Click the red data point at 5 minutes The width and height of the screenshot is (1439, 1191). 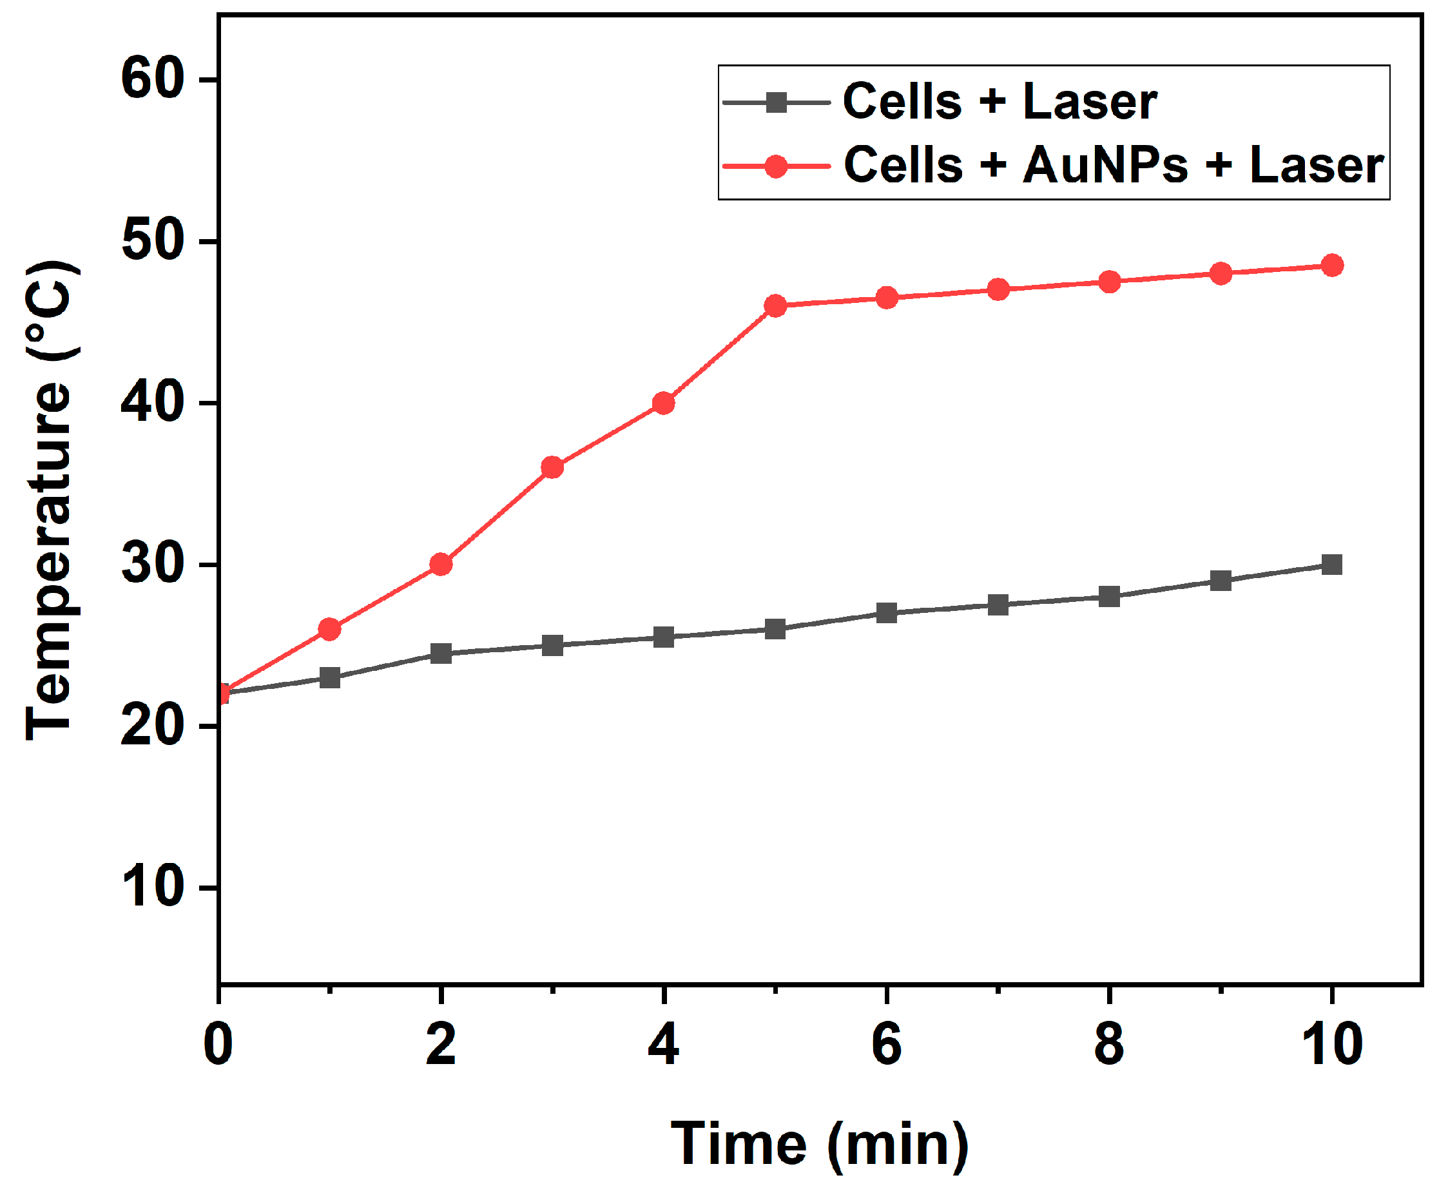(775, 305)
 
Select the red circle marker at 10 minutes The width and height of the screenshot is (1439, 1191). (1331, 265)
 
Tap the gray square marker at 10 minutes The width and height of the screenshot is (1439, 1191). (1331, 565)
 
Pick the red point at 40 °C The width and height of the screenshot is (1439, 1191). (663, 403)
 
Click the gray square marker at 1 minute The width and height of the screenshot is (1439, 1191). (329, 678)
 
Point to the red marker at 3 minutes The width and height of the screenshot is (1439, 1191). (552, 467)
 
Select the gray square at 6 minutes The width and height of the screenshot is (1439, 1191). (887, 613)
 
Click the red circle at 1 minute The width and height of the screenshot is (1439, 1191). (329, 629)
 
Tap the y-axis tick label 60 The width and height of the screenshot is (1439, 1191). (153, 79)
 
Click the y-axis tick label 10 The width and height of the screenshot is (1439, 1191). (153, 887)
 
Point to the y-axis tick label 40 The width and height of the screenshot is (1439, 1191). (153, 402)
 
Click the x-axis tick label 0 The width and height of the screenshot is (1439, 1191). (218, 1044)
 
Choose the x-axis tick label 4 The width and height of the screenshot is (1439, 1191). (663, 1044)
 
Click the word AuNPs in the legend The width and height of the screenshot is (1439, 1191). (1105, 165)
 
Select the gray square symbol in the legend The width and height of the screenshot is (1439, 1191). (776, 102)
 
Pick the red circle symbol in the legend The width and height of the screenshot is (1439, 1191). (776, 166)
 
